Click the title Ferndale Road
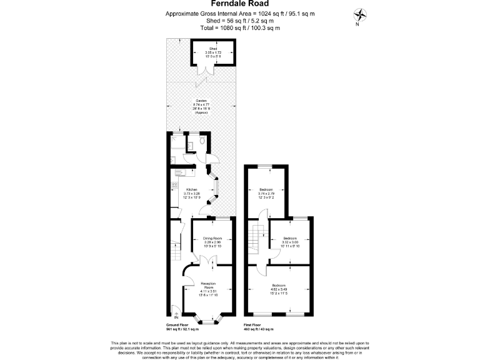pos(240,4)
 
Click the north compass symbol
pos(361,16)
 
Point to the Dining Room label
pos(212,241)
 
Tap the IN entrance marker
pos(175,316)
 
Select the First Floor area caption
pos(259,327)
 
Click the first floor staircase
pos(254,238)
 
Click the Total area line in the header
pos(240,27)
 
